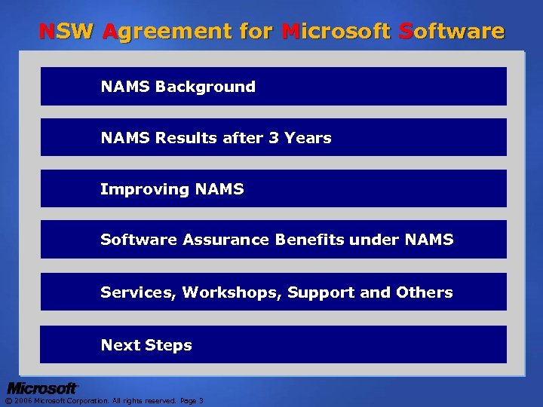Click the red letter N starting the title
click(x=46, y=32)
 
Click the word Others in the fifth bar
click(x=428, y=292)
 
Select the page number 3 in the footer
click(x=201, y=401)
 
